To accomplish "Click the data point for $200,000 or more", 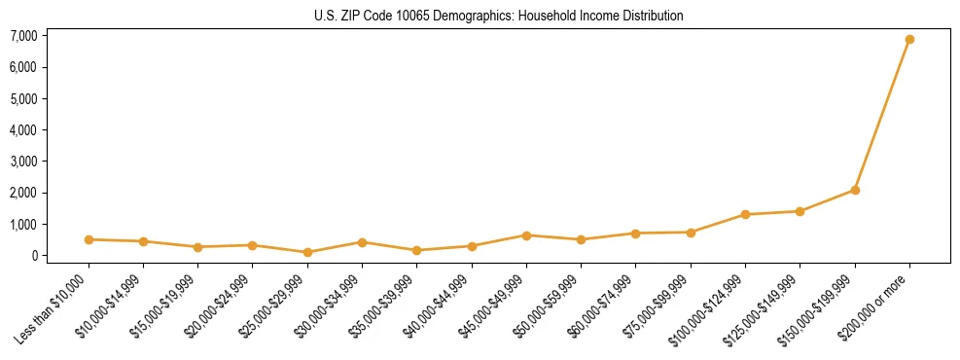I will (x=909, y=40).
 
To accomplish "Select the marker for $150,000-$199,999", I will (x=855, y=190).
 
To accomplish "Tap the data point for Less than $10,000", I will (x=89, y=239).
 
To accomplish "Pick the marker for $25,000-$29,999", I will (x=307, y=252).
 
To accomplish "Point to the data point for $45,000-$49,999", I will (x=526, y=235).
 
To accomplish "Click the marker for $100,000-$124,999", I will (x=745, y=214).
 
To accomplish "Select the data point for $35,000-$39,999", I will (x=416, y=250).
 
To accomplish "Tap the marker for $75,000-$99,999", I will (x=691, y=233).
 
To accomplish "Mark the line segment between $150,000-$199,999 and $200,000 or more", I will (x=882, y=115).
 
